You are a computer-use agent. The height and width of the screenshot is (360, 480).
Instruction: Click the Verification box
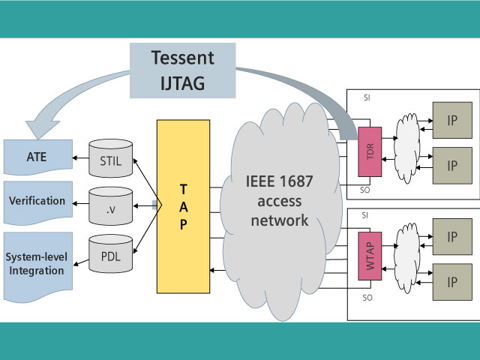(x=37, y=201)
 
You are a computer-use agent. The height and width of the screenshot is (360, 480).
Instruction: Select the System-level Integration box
(x=37, y=262)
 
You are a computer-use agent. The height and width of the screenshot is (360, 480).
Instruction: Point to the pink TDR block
(x=370, y=153)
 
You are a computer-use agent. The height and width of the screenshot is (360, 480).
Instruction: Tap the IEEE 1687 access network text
(x=277, y=200)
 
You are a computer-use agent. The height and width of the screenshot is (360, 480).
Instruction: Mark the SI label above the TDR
(x=365, y=99)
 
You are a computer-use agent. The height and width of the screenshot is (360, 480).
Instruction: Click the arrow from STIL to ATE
(x=81, y=158)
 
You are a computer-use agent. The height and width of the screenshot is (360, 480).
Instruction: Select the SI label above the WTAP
(x=365, y=214)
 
